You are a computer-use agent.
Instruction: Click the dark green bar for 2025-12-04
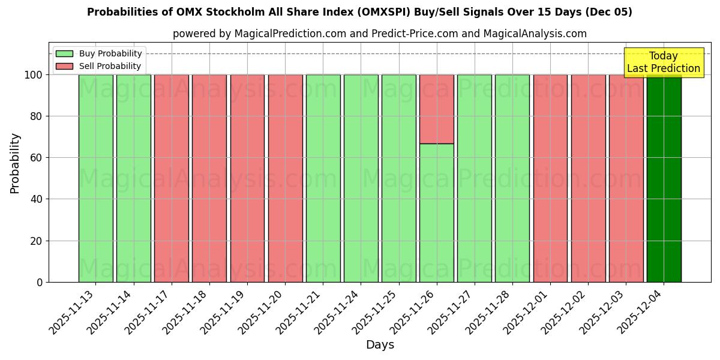(664, 180)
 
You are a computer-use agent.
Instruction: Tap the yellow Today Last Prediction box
(663, 62)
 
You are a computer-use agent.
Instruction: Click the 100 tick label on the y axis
(33, 75)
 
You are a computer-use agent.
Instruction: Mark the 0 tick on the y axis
(40, 282)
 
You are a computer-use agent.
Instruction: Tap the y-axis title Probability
(15, 163)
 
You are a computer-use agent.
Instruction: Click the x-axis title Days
(380, 345)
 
